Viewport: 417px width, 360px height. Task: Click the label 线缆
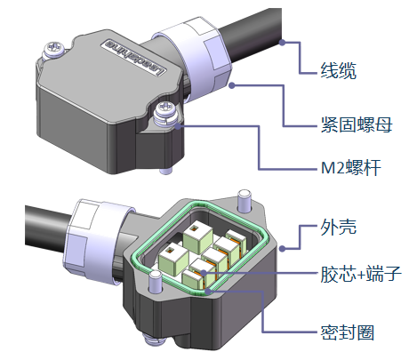coord(338,70)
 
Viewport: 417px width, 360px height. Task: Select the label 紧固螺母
coord(357,124)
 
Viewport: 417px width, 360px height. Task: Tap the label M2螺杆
coord(351,168)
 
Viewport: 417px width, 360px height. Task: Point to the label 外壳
coord(338,228)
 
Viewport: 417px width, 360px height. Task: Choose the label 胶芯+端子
coord(361,274)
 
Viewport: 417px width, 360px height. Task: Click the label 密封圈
coord(348,332)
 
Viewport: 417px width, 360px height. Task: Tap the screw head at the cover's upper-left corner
coord(54,48)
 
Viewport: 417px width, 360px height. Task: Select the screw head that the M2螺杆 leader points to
coord(166,109)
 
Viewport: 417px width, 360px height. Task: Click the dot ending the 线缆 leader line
coord(283,43)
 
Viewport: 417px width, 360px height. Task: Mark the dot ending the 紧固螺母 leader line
coord(232,85)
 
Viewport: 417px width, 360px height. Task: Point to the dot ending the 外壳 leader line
coord(283,249)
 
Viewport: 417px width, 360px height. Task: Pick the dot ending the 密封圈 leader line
coord(209,291)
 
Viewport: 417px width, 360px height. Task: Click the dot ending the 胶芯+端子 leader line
coord(204,273)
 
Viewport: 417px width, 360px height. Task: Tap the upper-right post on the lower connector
coord(245,200)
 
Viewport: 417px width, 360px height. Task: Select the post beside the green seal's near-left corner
coord(156,282)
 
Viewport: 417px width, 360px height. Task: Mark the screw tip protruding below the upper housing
coord(165,171)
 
